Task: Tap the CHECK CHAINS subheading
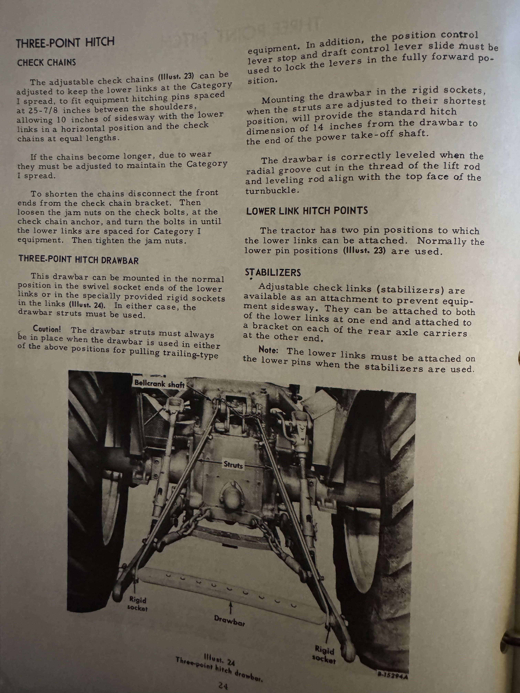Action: [x=46, y=63]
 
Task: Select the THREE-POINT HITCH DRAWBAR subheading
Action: [x=78, y=260]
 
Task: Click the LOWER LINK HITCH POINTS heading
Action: [x=307, y=211]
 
